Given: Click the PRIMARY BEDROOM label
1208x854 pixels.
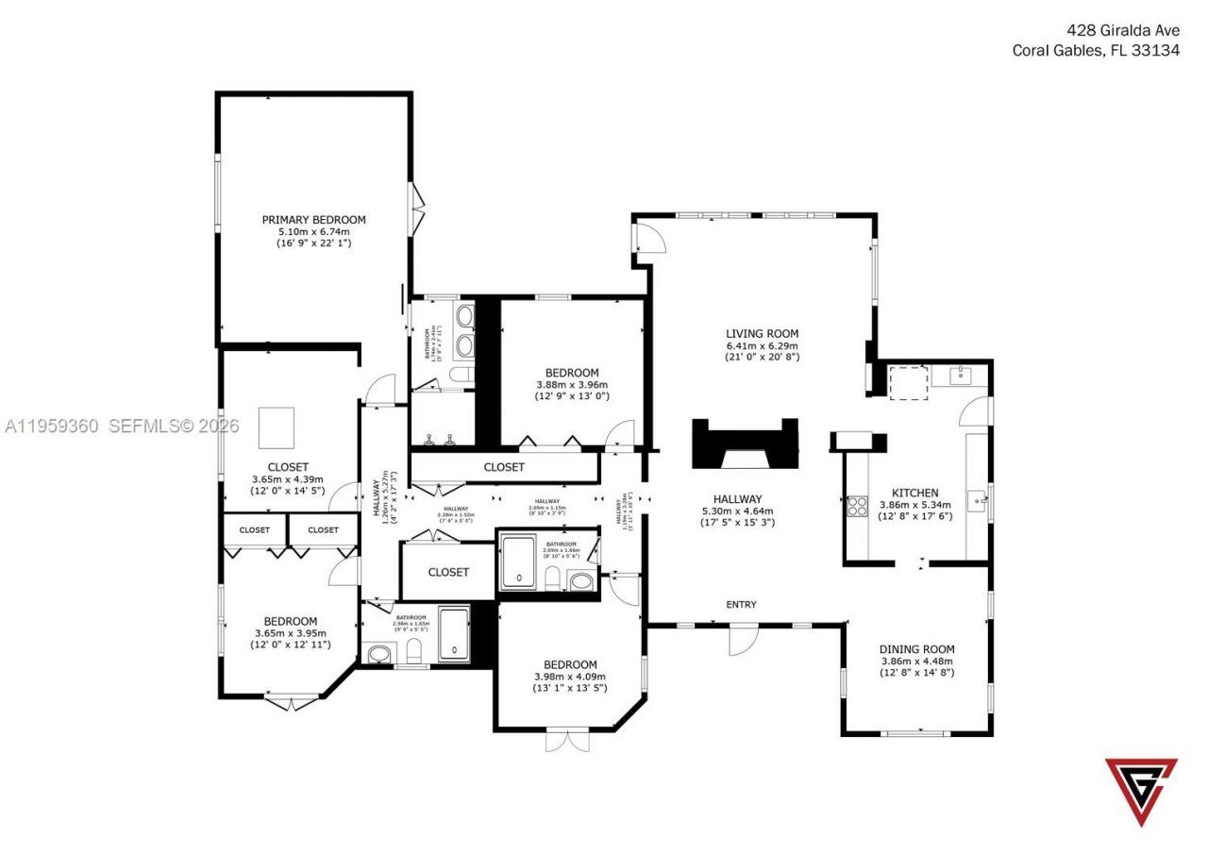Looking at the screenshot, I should [313, 220].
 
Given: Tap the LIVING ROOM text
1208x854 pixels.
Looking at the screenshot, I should [762, 333].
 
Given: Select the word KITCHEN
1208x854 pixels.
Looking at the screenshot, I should [914, 493].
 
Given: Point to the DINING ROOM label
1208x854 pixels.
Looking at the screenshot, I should [916, 649].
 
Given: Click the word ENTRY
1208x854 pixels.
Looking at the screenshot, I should [741, 605].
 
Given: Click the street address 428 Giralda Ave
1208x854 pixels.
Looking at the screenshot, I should [1120, 30].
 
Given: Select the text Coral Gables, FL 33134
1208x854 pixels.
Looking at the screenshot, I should [1096, 51].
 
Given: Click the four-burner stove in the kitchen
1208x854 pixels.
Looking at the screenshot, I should [857, 506].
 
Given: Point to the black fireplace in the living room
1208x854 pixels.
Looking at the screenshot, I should [745, 444].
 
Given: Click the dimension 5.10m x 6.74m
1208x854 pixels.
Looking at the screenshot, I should [313, 232].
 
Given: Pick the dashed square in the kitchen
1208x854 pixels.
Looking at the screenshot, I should [909, 381].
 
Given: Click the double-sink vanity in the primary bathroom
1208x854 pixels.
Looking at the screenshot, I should [464, 331].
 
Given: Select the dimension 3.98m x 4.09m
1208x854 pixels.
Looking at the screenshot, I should [570, 677].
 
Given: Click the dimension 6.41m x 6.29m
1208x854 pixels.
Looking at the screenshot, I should [762, 345].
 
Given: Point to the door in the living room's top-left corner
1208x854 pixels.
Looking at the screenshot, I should [650, 237].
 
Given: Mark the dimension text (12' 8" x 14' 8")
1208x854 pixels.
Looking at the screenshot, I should [916, 673].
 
